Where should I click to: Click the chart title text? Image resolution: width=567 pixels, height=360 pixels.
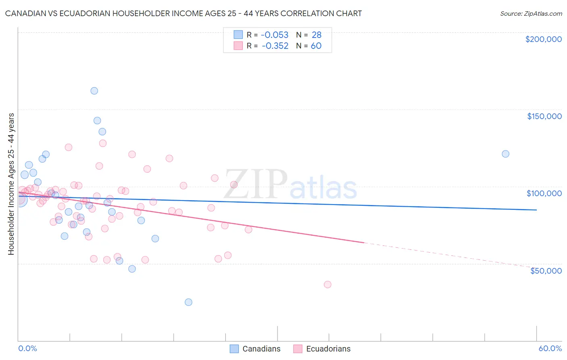pyautogui.click(x=183, y=13)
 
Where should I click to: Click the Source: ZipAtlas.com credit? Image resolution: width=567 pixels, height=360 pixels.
pyautogui.click(x=531, y=13)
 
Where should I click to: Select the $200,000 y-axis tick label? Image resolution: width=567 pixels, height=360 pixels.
pyautogui.click(x=543, y=39)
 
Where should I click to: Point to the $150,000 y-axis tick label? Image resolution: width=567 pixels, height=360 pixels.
pyautogui.click(x=544, y=116)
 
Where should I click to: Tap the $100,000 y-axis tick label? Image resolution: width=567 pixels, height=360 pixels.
pyautogui.click(x=544, y=193)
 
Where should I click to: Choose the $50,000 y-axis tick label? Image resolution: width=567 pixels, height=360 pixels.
pyautogui.click(x=546, y=271)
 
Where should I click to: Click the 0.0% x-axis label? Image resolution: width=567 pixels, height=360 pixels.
pyautogui.click(x=27, y=348)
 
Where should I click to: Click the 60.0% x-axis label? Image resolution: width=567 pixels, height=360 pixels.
pyautogui.click(x=550, y=348)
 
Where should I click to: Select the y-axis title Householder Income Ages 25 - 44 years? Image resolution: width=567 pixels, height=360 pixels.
pyautogui.click(x=11, y=184)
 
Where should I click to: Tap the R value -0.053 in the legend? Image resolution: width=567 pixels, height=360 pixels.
pyautogui.click(x=275, y=35)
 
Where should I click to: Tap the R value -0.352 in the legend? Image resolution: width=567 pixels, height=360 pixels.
pyautogui.click(x=275, y=46)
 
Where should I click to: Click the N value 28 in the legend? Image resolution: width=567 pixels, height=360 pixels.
pyautogui.click(x=317, y=35)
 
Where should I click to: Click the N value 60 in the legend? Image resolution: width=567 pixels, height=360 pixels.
pyautogui.click(x=316, y=46)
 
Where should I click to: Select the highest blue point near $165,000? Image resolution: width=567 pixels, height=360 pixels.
pyautogui.click(x=94, y=91)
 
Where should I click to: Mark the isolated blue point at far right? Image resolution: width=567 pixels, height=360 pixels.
pyautogui.click(x=505, y=154)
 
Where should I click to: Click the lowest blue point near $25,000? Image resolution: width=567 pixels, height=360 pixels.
pyautogui.click(x=188, y=302)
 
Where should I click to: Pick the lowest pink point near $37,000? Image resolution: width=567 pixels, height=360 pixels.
pyautogui.click(x=327, y=285)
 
